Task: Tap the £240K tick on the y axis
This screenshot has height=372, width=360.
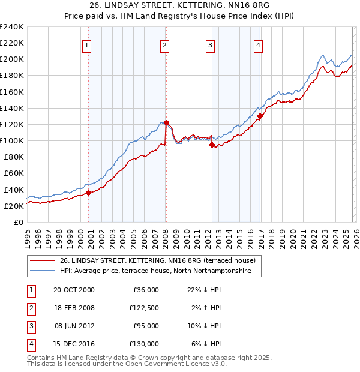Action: (x=11, y=27)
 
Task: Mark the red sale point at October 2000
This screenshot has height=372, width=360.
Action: (x=88, y=193)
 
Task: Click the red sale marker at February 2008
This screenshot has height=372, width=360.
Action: (x=166, y=122)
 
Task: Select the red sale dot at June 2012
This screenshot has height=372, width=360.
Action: (x=212, y=145)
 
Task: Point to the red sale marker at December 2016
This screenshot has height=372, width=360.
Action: (x=260, y=116)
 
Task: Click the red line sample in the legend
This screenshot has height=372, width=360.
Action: (x=43, y=260)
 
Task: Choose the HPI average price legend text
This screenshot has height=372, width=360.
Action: (x=160, y=271)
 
